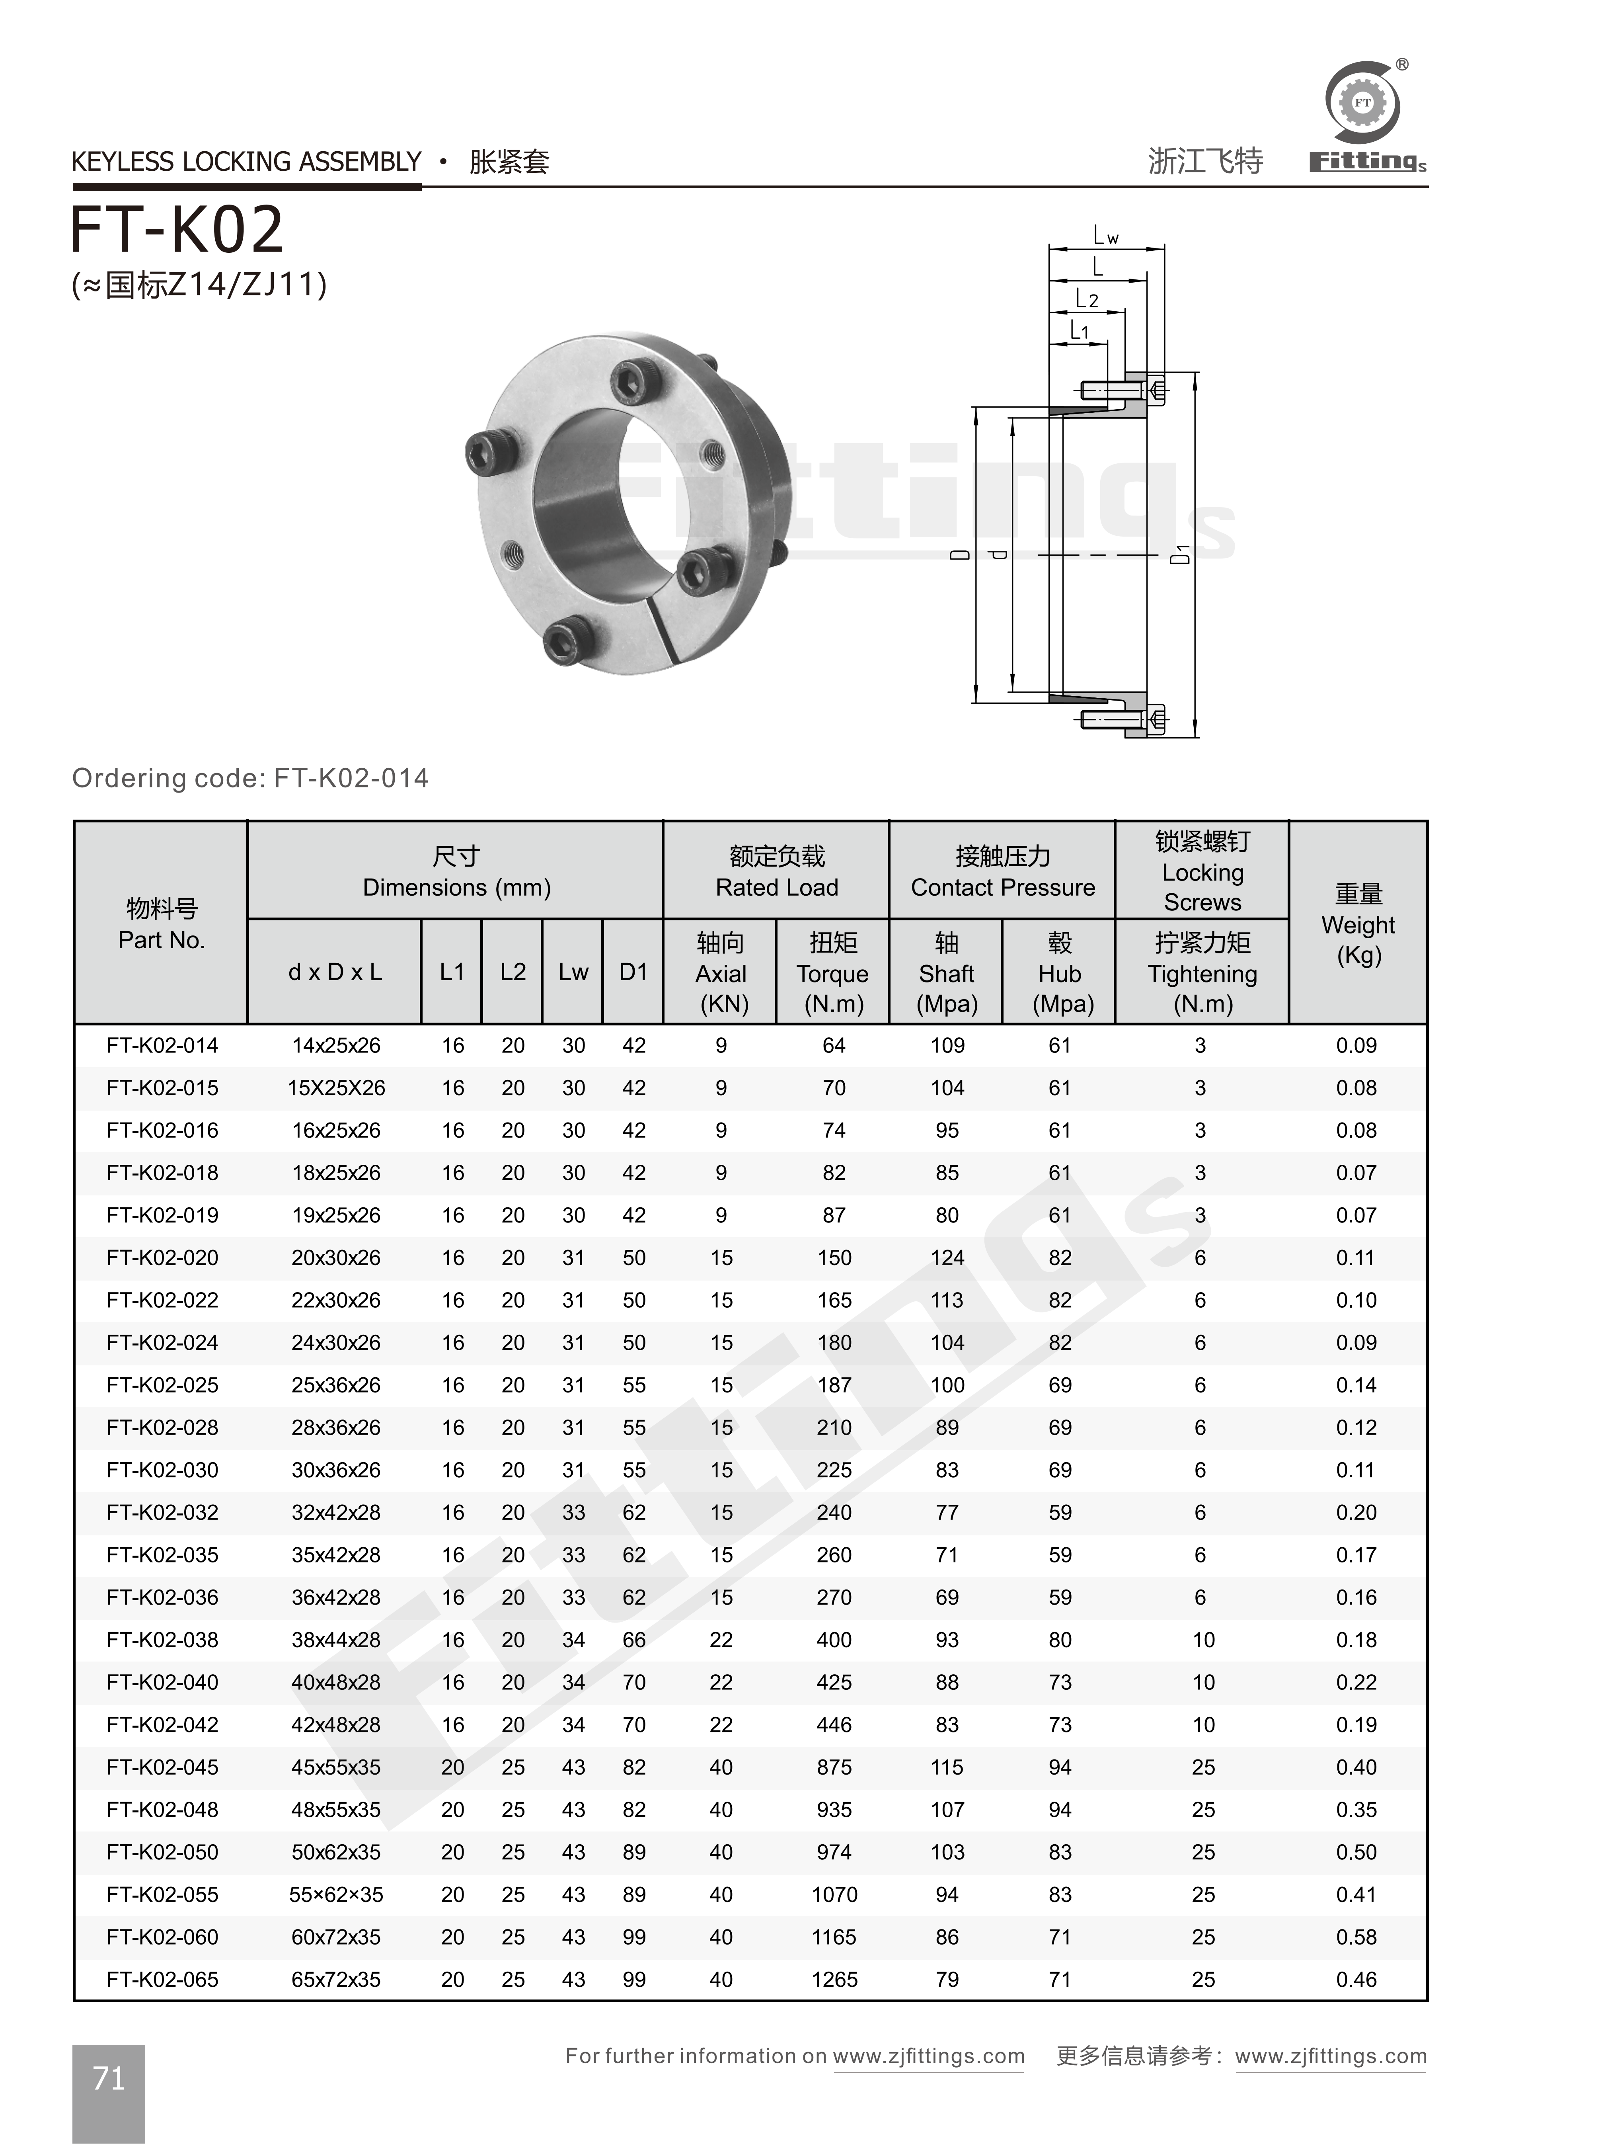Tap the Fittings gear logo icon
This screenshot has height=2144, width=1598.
coord(1362,103)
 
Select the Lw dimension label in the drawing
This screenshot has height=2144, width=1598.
coord(1106,235)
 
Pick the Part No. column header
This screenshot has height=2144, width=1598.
coord(162,924)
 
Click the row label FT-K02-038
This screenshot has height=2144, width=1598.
coord(162,1640)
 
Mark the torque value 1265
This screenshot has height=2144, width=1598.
coord(834,1980)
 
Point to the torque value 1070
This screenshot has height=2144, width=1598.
coord(834,1894)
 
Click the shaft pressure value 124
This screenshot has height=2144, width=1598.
coord(947,1258)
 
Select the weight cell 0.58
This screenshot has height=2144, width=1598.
coord(1356,1937)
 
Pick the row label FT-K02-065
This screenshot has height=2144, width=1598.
coord(162,1980)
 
